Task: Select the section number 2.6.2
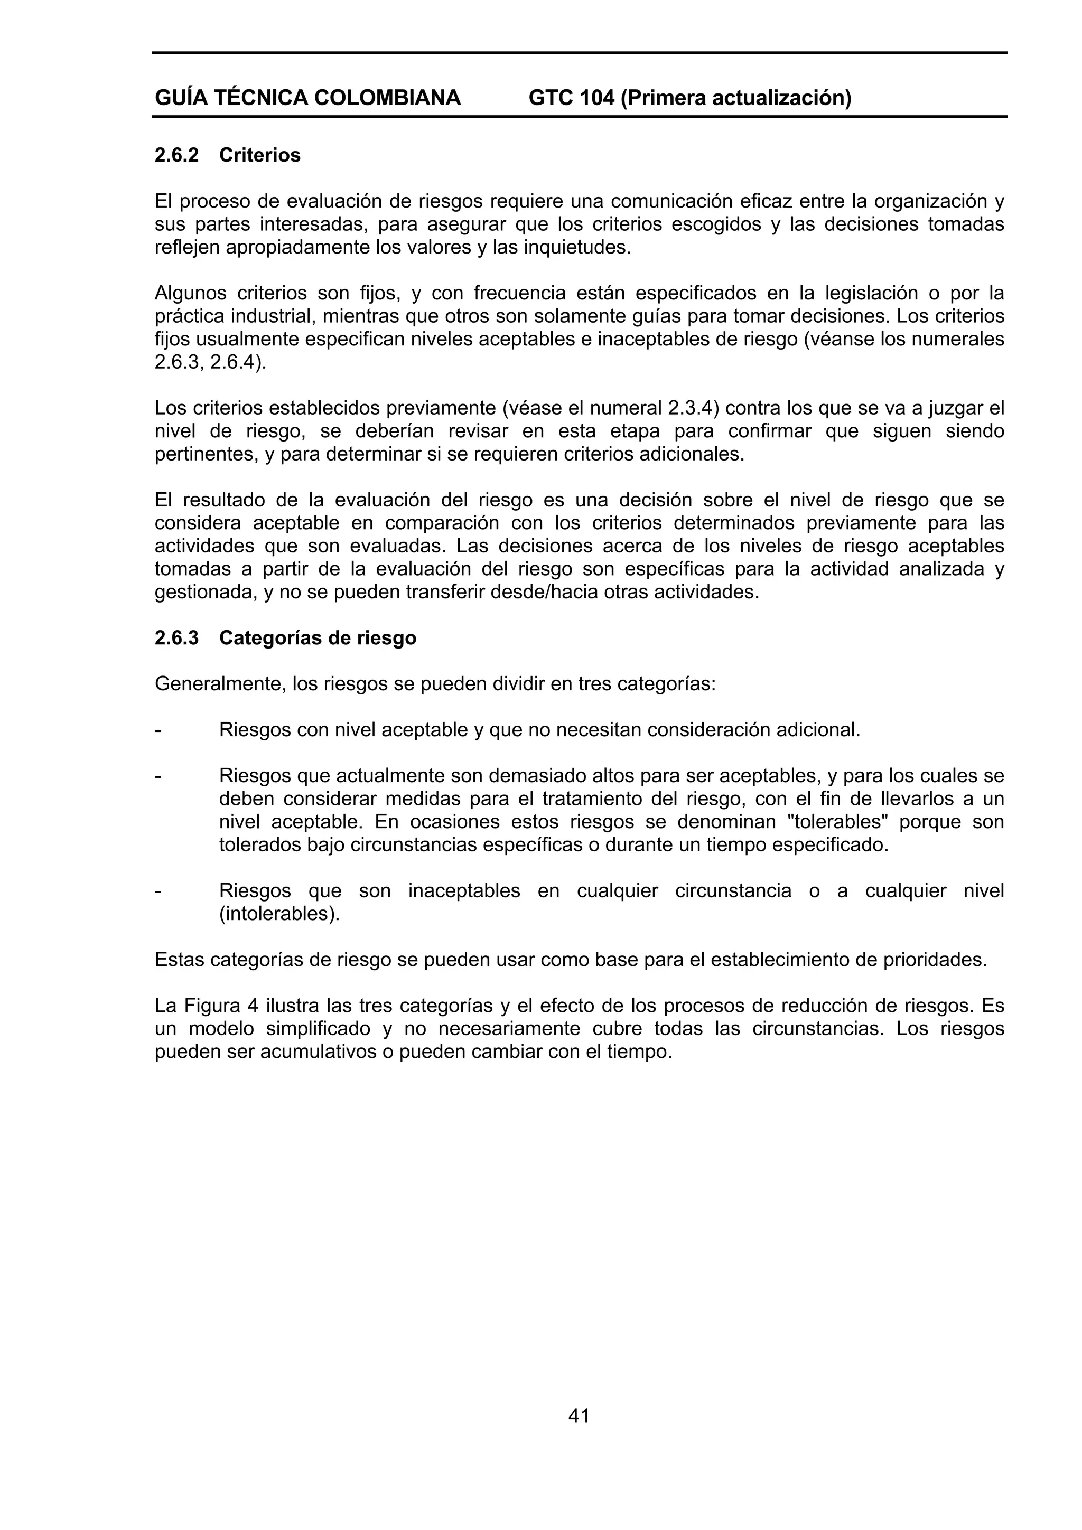point(176,155)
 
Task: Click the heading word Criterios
point(259,155)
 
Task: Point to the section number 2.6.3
point(176,639)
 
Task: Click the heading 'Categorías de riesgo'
point(318,639)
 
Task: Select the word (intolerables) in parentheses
point(279,914)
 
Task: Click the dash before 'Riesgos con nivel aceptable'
point(158,730)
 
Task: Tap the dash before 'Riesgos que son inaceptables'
point(158,891)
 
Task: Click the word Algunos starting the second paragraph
point(192,293)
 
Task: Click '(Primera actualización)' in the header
point(736,99)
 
